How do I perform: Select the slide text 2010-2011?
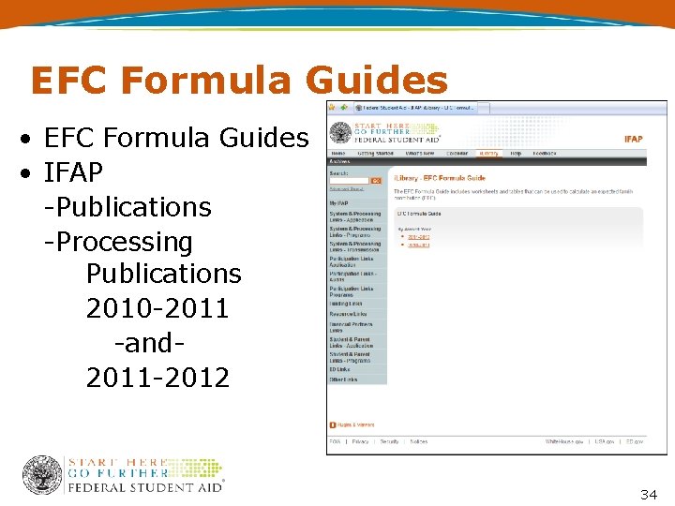click(157, 308)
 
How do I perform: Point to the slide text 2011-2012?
click(157, 378)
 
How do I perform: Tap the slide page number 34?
click(650, 493)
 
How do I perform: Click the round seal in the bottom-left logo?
click(42, 475)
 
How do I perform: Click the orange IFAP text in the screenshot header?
click(633, 139)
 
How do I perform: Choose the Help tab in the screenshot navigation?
click(516, 153)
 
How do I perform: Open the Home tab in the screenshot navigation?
click(337, 153)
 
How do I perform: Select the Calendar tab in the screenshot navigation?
click(457, 153)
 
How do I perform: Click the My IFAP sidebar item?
click(338, 202)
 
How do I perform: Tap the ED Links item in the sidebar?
click(339, 369)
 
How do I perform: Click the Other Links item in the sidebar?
click(343, 379)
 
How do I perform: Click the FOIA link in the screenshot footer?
click(334, 441)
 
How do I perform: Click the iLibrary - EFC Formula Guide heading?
click(441, 178)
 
